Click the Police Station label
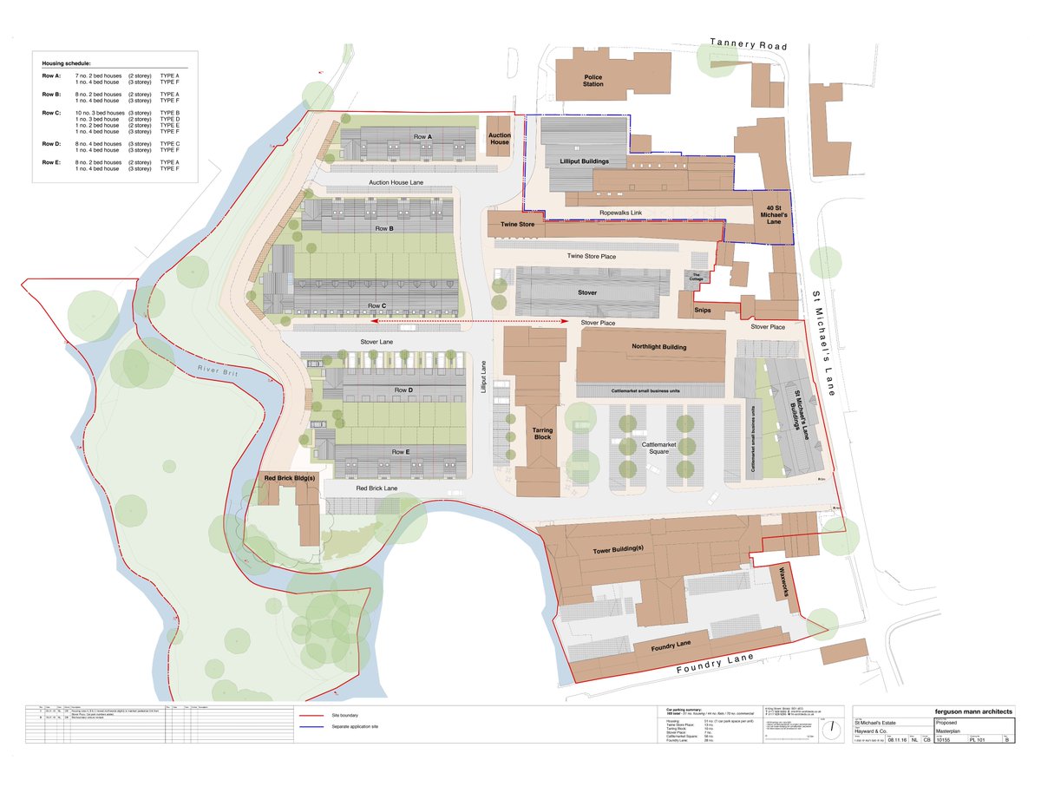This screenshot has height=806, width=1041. tap(593, 82)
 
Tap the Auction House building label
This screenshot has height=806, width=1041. tap(499, 139)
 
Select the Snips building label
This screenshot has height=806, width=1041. tap(703, 309)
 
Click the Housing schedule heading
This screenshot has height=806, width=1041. tap(67, 64)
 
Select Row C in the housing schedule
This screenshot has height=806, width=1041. tap(50, 113)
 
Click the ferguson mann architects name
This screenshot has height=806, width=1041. tap(972, 711)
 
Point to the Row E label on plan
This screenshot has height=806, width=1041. tap(400, 452)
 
